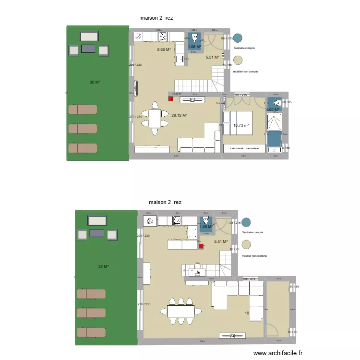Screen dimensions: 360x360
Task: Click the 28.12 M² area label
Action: pyautogui.click(x=179, y=115)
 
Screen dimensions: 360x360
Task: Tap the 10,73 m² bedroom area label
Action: pyautogui.click(x=241, y=126)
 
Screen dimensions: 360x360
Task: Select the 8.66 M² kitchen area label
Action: pyautogui.click(x=164, y=49)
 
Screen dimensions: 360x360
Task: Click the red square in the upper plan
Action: pyautogui.click(x=170, y=99)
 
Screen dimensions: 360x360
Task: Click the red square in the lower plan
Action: pyautogui.click(x=200, y=246)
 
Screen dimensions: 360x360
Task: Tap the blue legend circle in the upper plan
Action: pyautogui.click(x=238, y=38)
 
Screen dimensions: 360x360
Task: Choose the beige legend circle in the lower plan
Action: pyautogui.click(x=246, y=245)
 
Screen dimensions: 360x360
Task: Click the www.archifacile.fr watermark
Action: pyautogui.click(x=278, y=353)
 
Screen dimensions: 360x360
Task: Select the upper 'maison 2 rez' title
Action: pyautogui.click(x=156, y=18)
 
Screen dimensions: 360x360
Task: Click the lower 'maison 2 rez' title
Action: pyautogui.click(x=165, y=202)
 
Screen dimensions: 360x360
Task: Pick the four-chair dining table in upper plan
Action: pyautogui.click(x=155, y=118)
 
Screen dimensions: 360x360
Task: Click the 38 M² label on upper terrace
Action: pyautogui.click(x=95, y=82)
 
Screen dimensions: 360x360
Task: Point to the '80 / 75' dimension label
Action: pyautogui.click(x=234, y=249)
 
